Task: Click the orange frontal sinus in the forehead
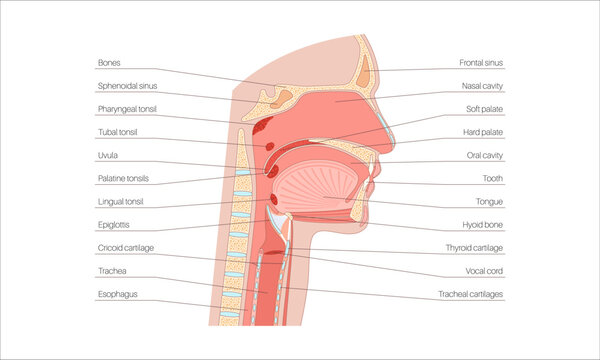coord(367,70)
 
